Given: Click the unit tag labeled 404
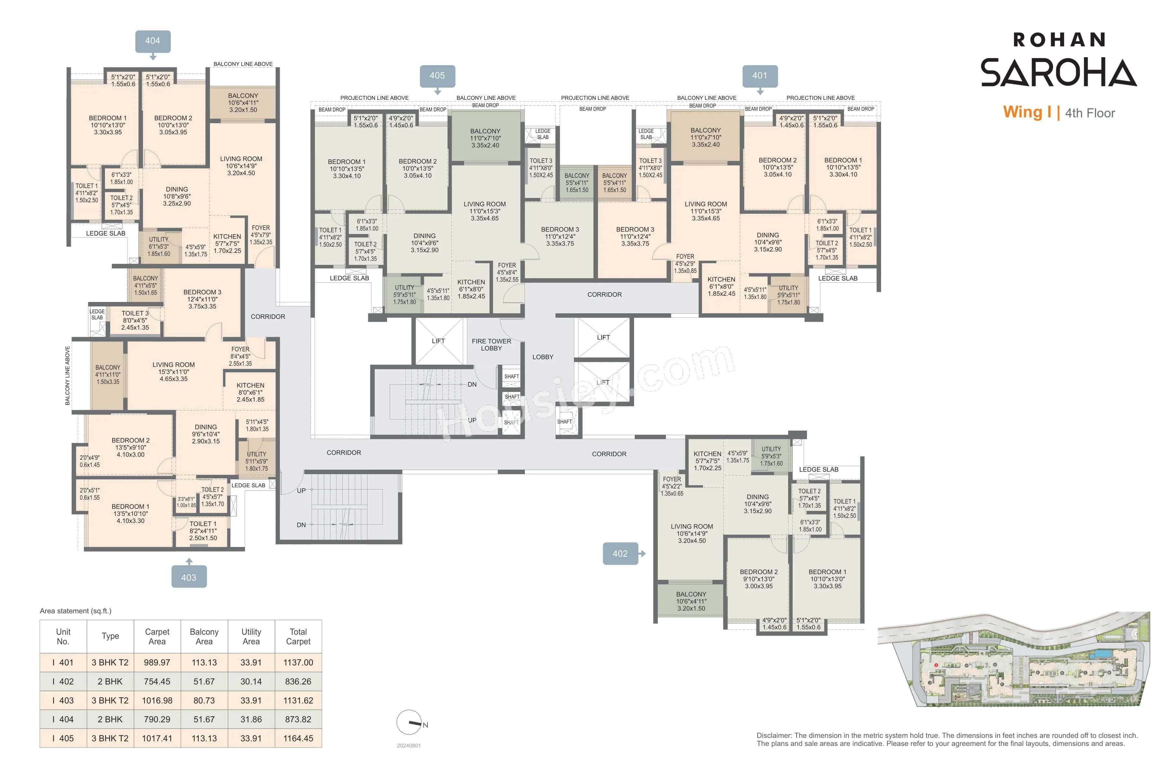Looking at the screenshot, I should click(153, 41).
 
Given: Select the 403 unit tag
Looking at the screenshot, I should click(188, 578).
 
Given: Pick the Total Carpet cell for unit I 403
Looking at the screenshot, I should click(298, 700).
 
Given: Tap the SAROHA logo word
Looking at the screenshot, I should click(1058, 72).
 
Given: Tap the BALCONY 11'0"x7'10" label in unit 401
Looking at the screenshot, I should click(705, 137).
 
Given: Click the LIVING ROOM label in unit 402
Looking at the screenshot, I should click(692, 533).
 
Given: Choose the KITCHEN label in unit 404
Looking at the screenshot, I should click(227, 243).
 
